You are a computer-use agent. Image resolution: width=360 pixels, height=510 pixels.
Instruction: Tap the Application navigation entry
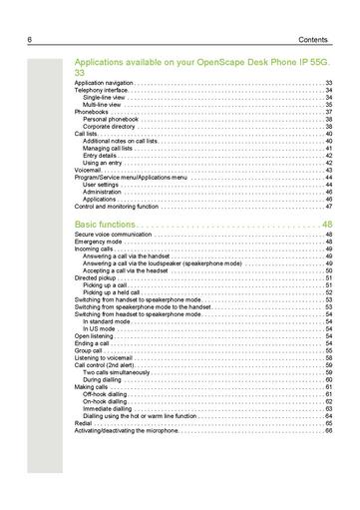pos(104,84)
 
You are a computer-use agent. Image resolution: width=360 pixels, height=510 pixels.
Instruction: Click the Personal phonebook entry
pos(113,119)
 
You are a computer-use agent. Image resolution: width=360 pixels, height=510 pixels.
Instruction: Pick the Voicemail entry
pos(88,170)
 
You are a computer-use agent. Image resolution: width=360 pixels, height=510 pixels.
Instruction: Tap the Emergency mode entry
pos(96,249)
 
